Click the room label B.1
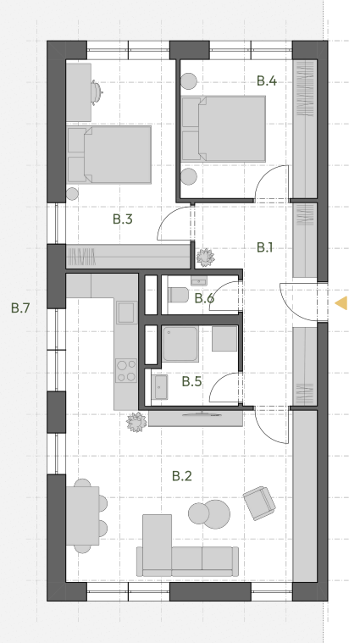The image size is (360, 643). tap(264, 247)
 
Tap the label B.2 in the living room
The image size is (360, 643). tap(181, 476)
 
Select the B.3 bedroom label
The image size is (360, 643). tap(123, 219)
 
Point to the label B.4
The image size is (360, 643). tap(267, 80)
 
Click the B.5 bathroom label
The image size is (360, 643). tap(191, 381)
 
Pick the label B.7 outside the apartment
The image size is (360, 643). tap(20, 308)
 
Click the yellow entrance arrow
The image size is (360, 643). tap(341, 303)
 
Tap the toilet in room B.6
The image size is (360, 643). tap(179, 295)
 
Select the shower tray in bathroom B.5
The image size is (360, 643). tap(180, 344)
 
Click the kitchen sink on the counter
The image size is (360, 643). tap(126, 313)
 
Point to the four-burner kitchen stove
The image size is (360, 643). tap(126, 371)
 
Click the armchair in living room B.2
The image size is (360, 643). tap(259, 503)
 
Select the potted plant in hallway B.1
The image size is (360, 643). tap(205, 258)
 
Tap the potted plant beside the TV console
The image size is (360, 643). tap(136, 423)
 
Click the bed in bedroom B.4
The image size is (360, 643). tap(224, 129)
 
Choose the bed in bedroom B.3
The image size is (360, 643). tap(109, 154)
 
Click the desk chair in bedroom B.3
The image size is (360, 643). tap(97, 92)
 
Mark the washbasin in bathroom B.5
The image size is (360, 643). tap(159, 386)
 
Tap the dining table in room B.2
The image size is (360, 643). tap(83, 515)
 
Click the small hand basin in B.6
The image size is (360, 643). tap(199, 281)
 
